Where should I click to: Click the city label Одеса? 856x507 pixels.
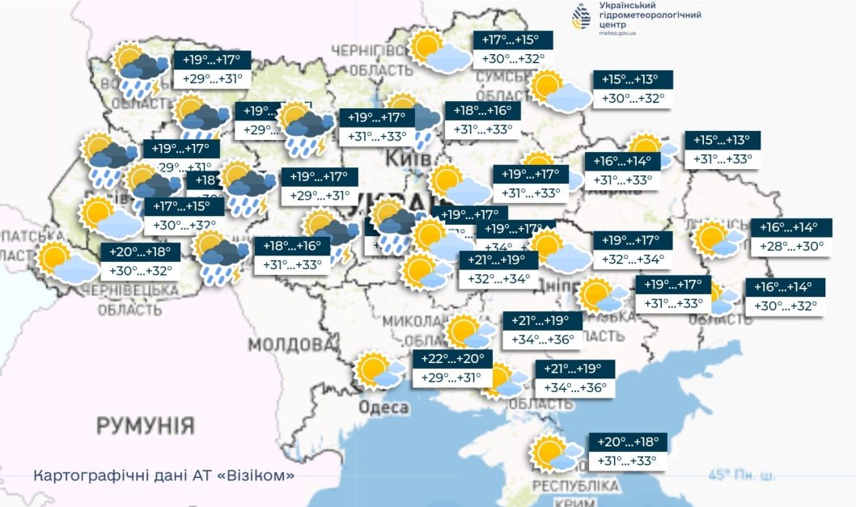click(383, 408)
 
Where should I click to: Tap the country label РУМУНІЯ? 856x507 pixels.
click(146, 425)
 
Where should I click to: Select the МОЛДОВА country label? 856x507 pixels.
click(290, 345)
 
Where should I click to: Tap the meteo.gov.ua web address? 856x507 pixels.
click(618, 33)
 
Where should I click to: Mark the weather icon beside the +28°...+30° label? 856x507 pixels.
click(715, 239)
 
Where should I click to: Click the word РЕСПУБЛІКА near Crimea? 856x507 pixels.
click(576, 486)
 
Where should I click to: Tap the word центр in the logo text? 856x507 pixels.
click(613, 24)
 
